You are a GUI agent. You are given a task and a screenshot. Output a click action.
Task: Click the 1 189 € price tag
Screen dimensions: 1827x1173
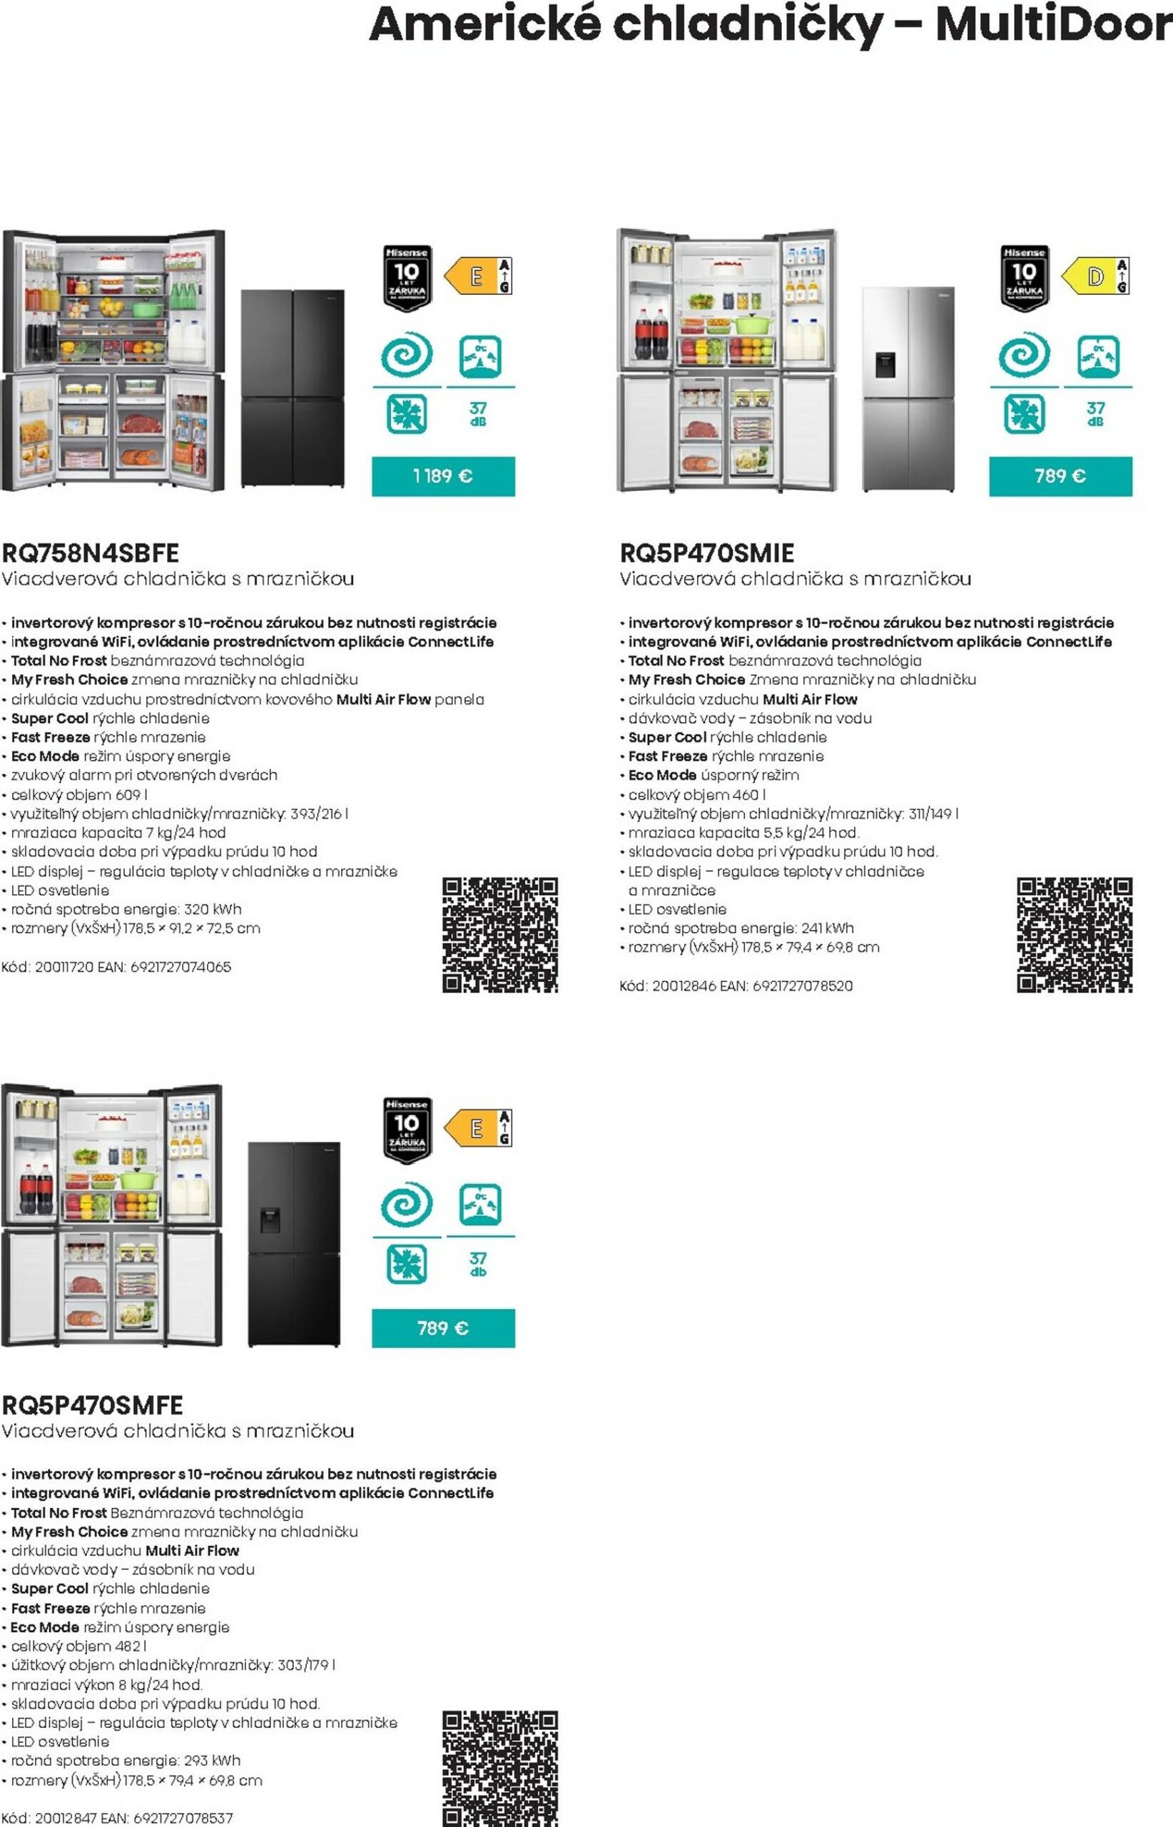tap(442, 476)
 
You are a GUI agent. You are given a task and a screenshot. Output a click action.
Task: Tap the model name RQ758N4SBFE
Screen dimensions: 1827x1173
tap(91, 552)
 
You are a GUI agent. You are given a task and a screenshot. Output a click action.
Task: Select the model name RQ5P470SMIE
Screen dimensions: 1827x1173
tap(707, 552)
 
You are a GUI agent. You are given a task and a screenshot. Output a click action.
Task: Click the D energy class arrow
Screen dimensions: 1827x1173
tap(1092, 275)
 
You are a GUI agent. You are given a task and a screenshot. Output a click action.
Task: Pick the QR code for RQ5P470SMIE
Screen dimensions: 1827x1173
tap(1074, 935)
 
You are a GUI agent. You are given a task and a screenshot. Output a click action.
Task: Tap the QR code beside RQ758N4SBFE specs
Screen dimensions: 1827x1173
tap(499, 935)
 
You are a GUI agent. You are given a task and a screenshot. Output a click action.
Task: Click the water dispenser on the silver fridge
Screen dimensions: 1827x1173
tap(884, 365)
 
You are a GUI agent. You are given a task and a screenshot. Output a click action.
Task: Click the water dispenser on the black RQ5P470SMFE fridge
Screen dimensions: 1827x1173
tap(270, 1219)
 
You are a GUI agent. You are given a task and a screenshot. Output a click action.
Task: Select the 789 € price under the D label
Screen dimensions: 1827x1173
tap(1060, 476)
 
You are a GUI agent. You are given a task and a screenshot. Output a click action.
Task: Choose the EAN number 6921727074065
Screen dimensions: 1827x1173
tap(181, 967)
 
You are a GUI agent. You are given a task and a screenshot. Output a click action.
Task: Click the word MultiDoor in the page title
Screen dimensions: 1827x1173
tap(1053, 24)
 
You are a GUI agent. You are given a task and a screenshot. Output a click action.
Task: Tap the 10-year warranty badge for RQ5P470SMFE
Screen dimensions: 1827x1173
tap(407, 1130)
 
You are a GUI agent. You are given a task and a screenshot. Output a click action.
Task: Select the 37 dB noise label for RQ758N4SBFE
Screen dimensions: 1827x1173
tap(478, 414)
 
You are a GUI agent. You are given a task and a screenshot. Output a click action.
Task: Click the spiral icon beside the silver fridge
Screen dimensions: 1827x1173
tap(1025, 354)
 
